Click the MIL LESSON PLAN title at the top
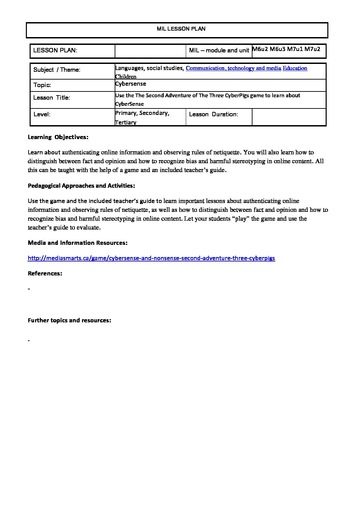[x=181, y=29]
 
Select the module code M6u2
[x=260, y=49]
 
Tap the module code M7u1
[x=295, y=49]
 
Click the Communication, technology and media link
[x=233, y=68]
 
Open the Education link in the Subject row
[x=295, y=68]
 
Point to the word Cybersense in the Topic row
[x=131, y=84]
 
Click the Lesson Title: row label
[x=52, y=98]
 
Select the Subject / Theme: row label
[x=57, y=70]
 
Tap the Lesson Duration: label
[x=213, y=115]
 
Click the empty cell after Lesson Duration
[x=289, y=117]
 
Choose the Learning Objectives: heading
[x=58, y=137]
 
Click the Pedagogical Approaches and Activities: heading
[x=81, y=186]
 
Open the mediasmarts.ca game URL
[x=151, y=258]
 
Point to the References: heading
[x=45, y=273]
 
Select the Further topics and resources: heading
[x=69, y=320]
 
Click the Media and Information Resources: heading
[x=78, y=243]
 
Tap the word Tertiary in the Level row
[x=126, y=122]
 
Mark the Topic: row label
[x=42, y=85]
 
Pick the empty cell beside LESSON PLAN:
[x=150, y=51]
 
